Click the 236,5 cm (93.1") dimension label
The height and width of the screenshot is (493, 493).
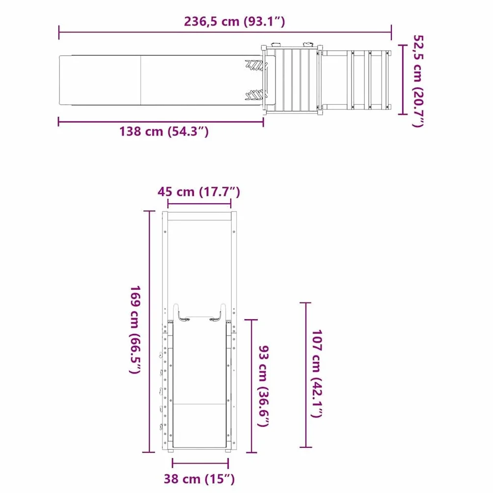(234, 22)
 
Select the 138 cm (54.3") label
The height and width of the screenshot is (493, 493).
(164, 131)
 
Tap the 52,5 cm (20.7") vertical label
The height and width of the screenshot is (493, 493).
(418, 81)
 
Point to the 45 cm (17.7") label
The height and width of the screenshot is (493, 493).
(199, 192)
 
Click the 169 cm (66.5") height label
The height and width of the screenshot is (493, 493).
(135, 329)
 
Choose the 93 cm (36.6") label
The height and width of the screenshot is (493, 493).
(264, 386)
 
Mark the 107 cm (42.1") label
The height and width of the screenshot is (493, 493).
(317, 374)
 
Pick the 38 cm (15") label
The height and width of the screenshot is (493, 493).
(199, 479)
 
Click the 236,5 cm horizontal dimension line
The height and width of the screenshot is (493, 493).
(225, 32)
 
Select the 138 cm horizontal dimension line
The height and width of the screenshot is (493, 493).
(161, 122)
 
